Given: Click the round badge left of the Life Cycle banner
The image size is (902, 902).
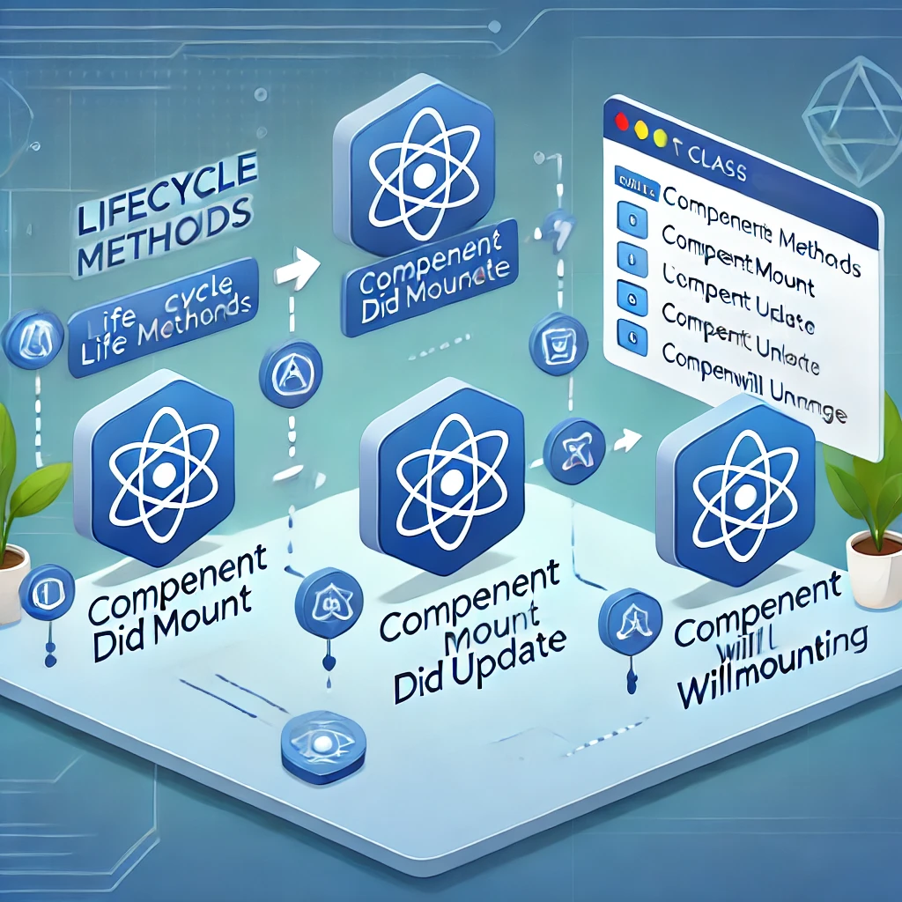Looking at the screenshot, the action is click(x=33, y=340).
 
